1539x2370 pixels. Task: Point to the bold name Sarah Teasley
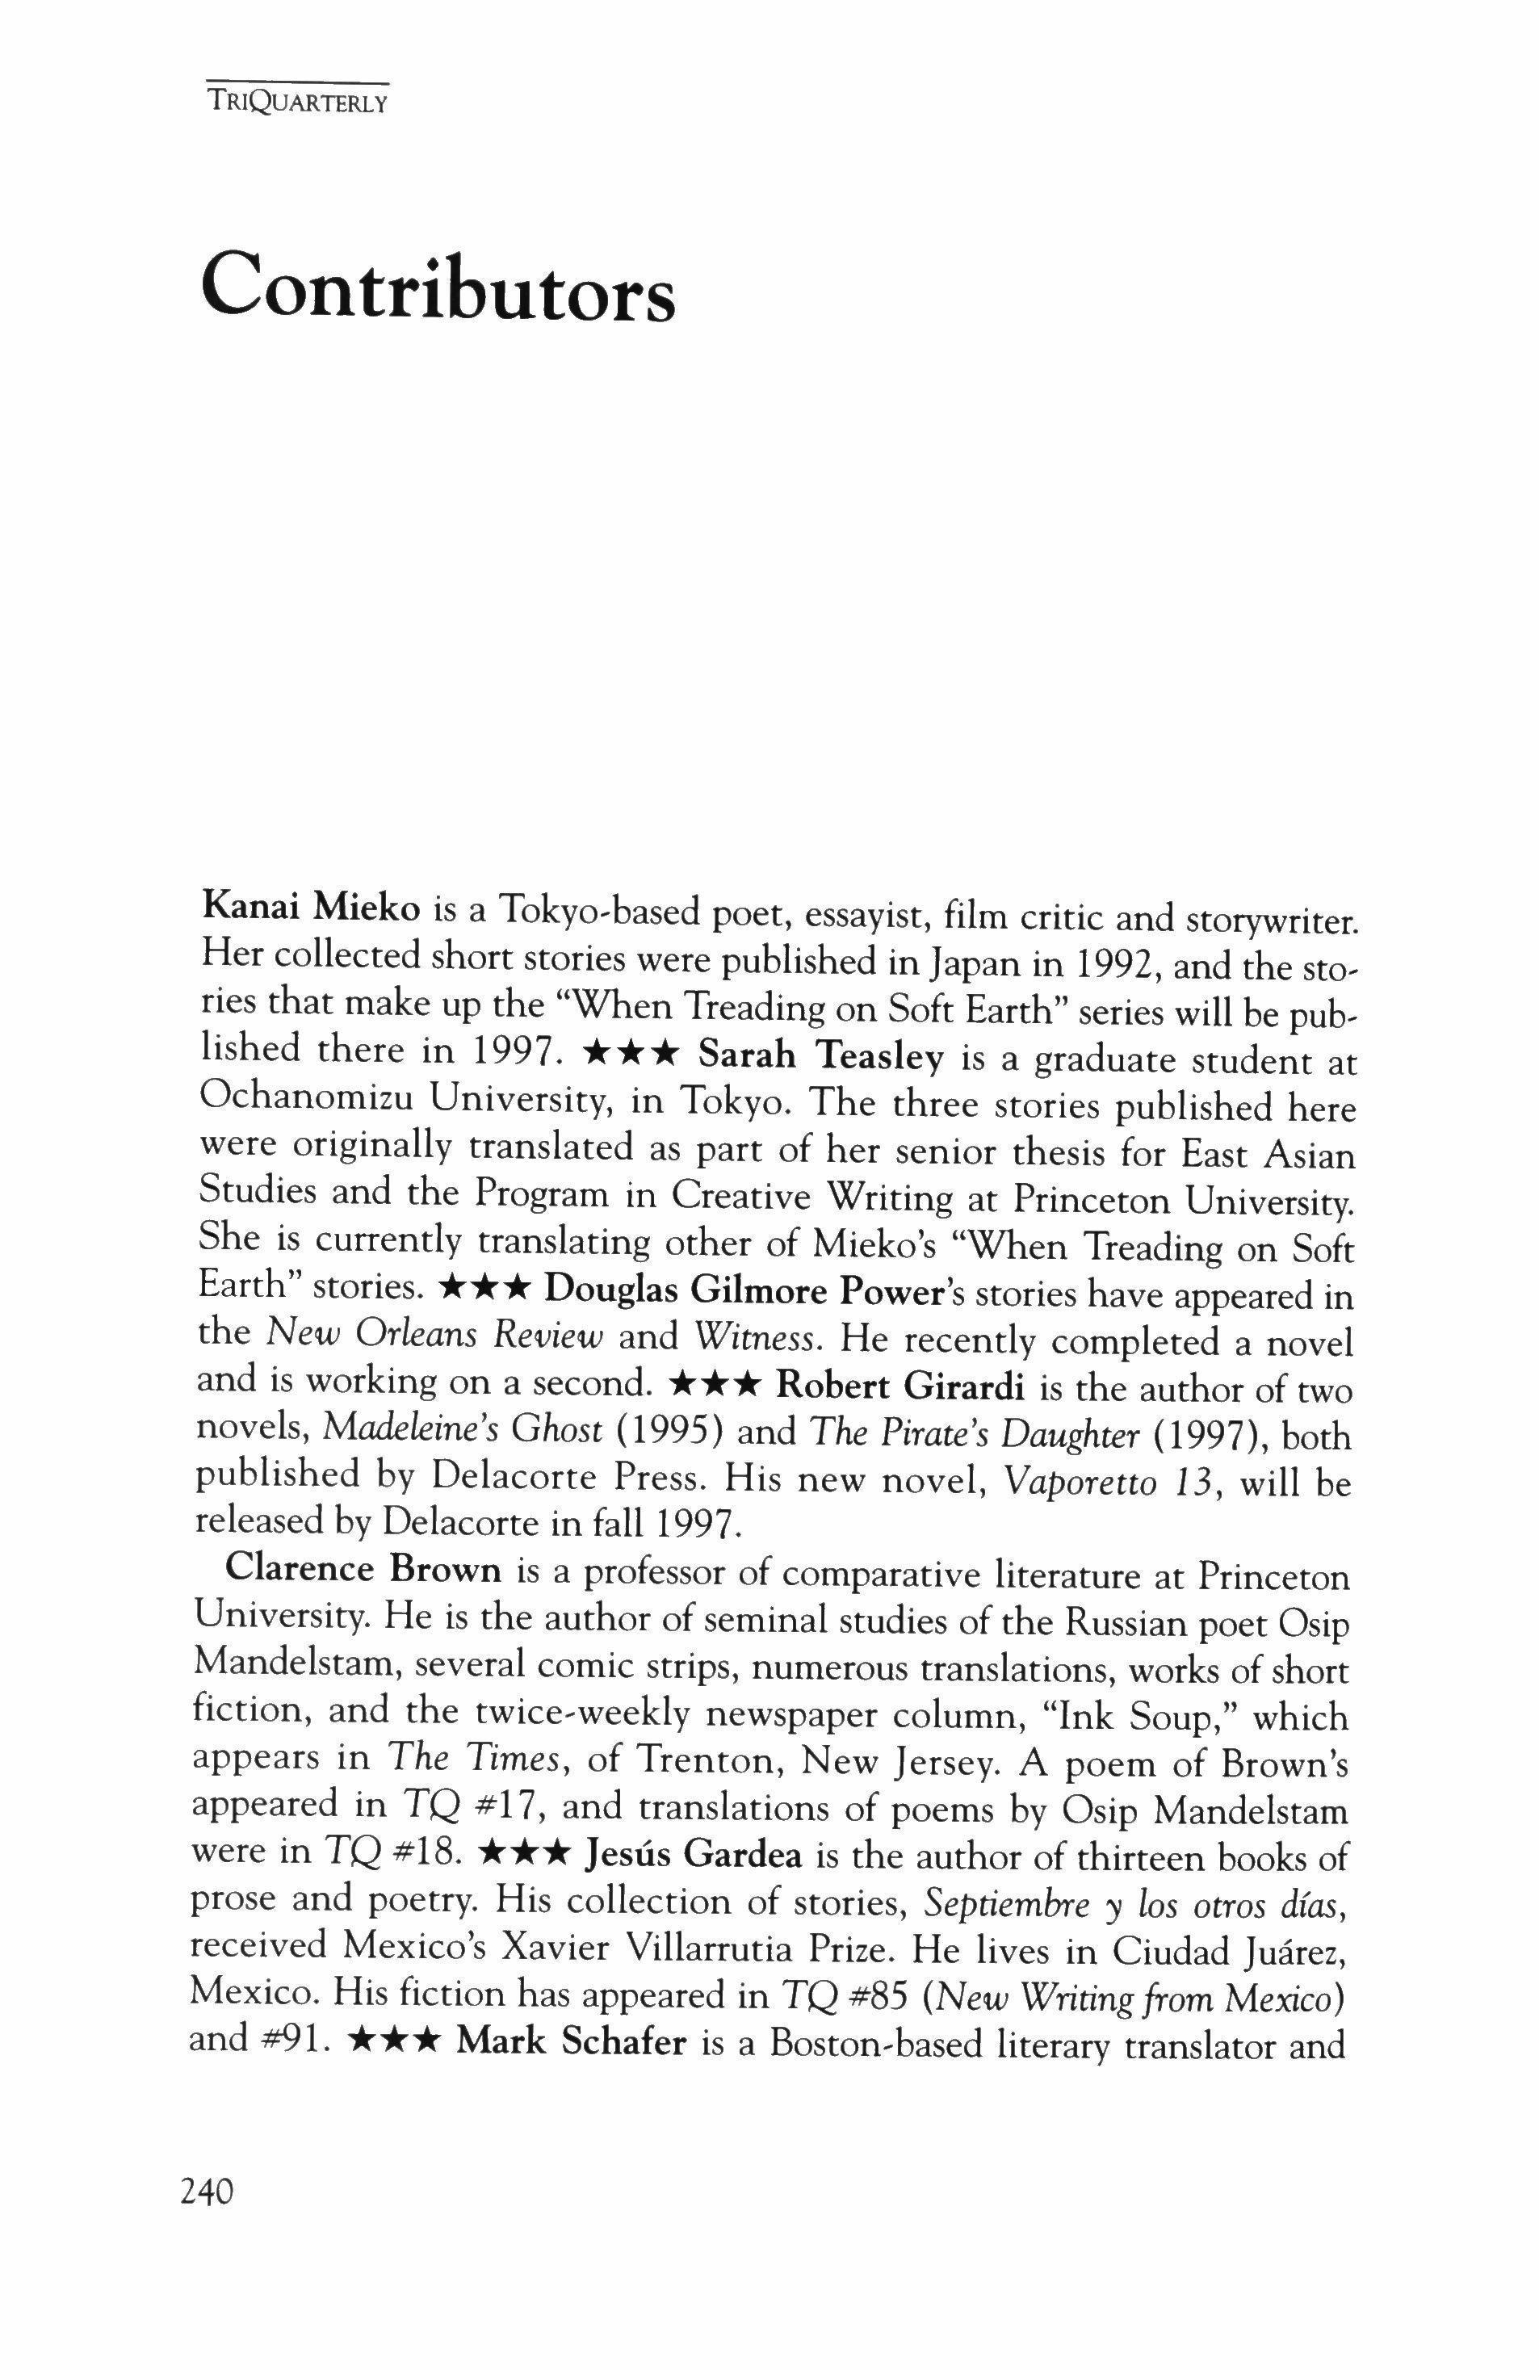[x=821, y=1055]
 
